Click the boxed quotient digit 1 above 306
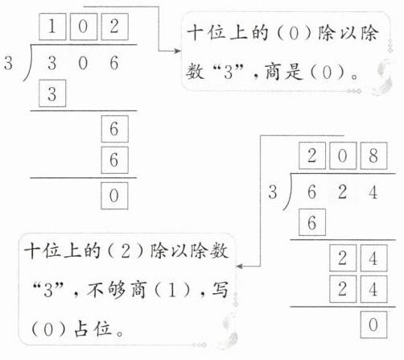coord(52,27)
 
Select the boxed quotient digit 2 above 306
coord(114,27)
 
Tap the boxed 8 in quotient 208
coord(373,155)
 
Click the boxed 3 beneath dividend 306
coord(52,93)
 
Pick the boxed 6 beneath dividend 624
coord(312,222)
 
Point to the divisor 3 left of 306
coord(8,64)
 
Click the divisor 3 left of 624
coord(273,192)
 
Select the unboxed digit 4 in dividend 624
coord(373,192)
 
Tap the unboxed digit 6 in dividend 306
coord(114,63)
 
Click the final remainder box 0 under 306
coord(114,196)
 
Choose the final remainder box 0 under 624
coord(373,325)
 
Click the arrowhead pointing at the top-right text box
coord(178,51)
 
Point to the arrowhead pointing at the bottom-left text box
coord(240,267)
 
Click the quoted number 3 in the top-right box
coord(229,72)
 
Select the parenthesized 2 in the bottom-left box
coord(126,251)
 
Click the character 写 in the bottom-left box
coord(220,289)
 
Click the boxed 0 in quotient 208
coord(343,155)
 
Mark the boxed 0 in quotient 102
coord(84,27)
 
